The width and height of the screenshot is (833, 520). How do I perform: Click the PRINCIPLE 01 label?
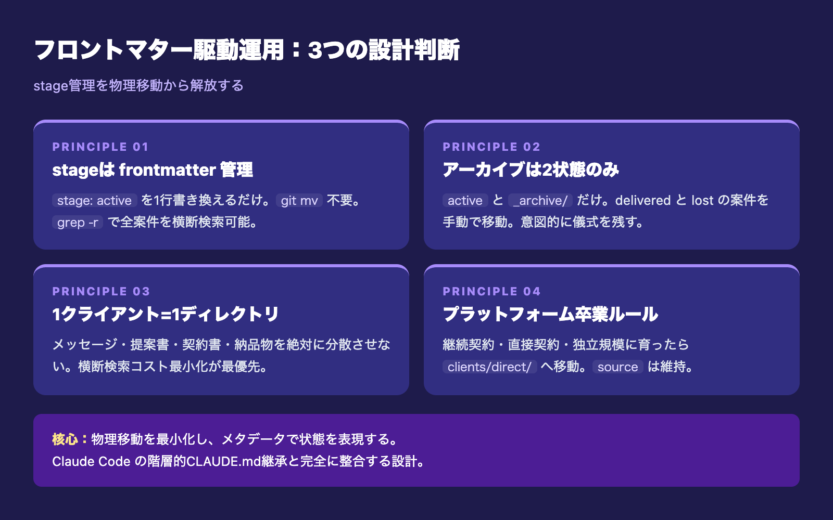click(x=100, y=147)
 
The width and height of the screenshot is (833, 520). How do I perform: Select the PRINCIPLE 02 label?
click(x=491, y=147)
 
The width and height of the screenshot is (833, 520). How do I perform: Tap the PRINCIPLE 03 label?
click(x=101, y=291)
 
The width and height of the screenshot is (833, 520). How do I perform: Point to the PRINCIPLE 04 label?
click(x=491, y=291)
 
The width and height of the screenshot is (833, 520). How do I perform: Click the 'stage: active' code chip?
click(x=94, y=200)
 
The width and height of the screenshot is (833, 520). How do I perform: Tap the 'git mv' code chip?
click(x=299, y=200)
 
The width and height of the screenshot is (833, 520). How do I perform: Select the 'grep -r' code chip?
click(x=78, y=222)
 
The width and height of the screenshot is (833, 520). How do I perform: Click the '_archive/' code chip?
click(x=540, y=200)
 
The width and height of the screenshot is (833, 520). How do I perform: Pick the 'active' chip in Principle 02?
click(x=465, y=200)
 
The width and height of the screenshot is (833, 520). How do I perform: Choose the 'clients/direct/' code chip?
click(x=489, y=367)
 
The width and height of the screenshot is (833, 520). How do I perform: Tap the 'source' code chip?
click(x=617, y=367)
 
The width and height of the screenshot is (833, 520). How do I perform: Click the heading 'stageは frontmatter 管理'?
click(x=153, y=170)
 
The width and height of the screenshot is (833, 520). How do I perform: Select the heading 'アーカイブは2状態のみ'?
click(x=531, y=170)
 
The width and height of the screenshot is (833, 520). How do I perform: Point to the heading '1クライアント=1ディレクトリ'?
click(x=166, y=314)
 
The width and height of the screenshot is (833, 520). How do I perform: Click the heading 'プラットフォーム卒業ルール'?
click(x=550, y=314)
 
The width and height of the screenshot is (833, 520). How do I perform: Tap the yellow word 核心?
click(x=65, y=439)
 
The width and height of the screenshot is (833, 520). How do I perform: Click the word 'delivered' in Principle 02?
click(x=643, y=200)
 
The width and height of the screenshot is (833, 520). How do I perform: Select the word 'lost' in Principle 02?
click(x=702, y=200)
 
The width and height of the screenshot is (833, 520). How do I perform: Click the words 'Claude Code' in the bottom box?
click(x=91, y=461)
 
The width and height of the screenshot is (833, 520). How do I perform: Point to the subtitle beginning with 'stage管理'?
click(x=138, y=86)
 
